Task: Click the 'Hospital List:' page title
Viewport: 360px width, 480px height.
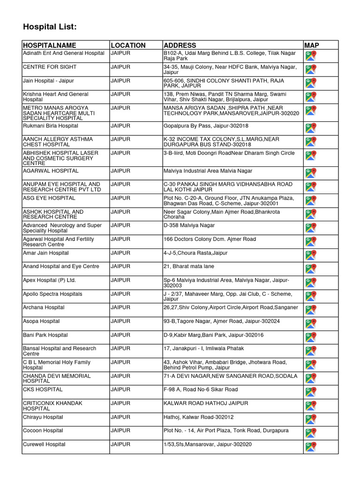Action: pyautogui.click(x=50, y=27)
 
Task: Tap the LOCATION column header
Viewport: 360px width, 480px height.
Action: pyautogui.click(x=128, y=45)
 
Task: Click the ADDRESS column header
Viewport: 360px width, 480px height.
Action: pyautogui.click(x=180, y=45)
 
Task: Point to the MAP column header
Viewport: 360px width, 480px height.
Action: pyautogui.click(x=312, y=45)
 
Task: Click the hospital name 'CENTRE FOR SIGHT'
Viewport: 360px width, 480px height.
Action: pyautogui.click(x=50, y=67)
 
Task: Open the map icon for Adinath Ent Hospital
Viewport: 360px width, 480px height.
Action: pyautogui.click(x=310, y=56)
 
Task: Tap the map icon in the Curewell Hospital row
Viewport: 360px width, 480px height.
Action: pyautogui.click(x=310, y=447)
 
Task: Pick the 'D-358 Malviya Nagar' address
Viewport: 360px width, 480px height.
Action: pyautogui.click(x=189, y=225)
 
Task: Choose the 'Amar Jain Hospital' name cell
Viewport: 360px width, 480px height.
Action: pyautogui.click(x=46, y=253)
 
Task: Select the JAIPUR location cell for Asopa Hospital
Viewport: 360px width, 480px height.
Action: pyautogui.click(x=120, y=322)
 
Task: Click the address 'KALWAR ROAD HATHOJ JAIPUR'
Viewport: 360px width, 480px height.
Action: pyautogui.click(x=206, y=404)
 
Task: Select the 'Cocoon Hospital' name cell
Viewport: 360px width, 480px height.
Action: pyautogui.click(x=43, y=431)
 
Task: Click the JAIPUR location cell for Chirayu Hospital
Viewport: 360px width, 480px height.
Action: pyautogui.click(x=120, y=417)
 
